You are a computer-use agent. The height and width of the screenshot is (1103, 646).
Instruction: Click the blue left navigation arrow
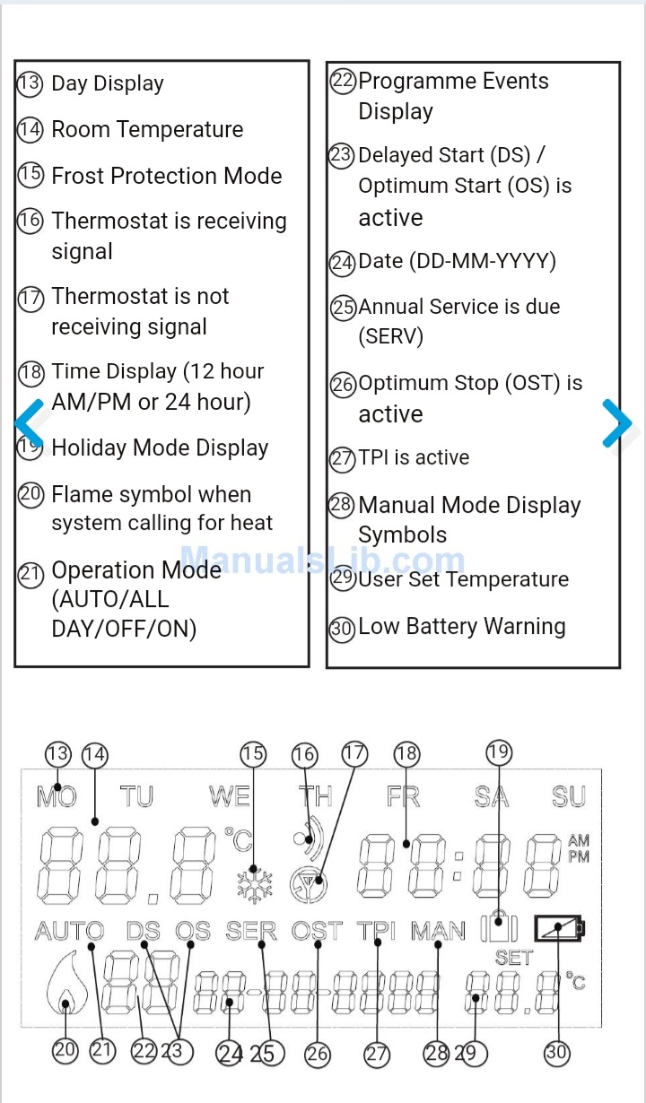coord(29,422)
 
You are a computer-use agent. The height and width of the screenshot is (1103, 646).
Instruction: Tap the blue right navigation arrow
coord(617,422)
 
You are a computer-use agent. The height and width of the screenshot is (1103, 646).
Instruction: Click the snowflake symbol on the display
coord(255,883)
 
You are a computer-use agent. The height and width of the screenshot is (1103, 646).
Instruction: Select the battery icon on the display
coord(558,928)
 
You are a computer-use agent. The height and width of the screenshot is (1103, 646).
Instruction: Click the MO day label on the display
coord(57,796)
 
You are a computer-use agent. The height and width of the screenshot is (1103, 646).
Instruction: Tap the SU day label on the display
coord(569,796)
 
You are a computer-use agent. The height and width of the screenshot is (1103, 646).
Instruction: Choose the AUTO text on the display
coord(69,932)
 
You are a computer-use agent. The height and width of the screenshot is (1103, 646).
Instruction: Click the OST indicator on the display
coord(317,932)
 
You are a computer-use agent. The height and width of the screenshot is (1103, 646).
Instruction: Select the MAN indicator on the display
coord(438,932)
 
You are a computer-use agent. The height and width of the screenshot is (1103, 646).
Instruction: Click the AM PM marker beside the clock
coord(579,848)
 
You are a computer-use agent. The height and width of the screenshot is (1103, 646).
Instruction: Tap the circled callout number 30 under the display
coord(556,1052)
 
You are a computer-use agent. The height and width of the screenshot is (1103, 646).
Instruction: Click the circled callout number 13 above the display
coord(57,753)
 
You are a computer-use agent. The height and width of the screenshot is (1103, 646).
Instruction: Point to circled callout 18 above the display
coord(406,754)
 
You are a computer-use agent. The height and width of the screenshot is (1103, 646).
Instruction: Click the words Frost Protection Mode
coord(166,176)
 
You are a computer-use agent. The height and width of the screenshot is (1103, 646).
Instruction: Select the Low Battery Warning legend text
coord(461,627)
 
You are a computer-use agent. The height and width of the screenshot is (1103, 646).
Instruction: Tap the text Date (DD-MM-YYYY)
coord(457,261)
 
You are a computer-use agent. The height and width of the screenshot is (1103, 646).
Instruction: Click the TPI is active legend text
coord(414,457)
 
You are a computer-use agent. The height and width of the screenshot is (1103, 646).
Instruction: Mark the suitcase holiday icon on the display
coord(499,926)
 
